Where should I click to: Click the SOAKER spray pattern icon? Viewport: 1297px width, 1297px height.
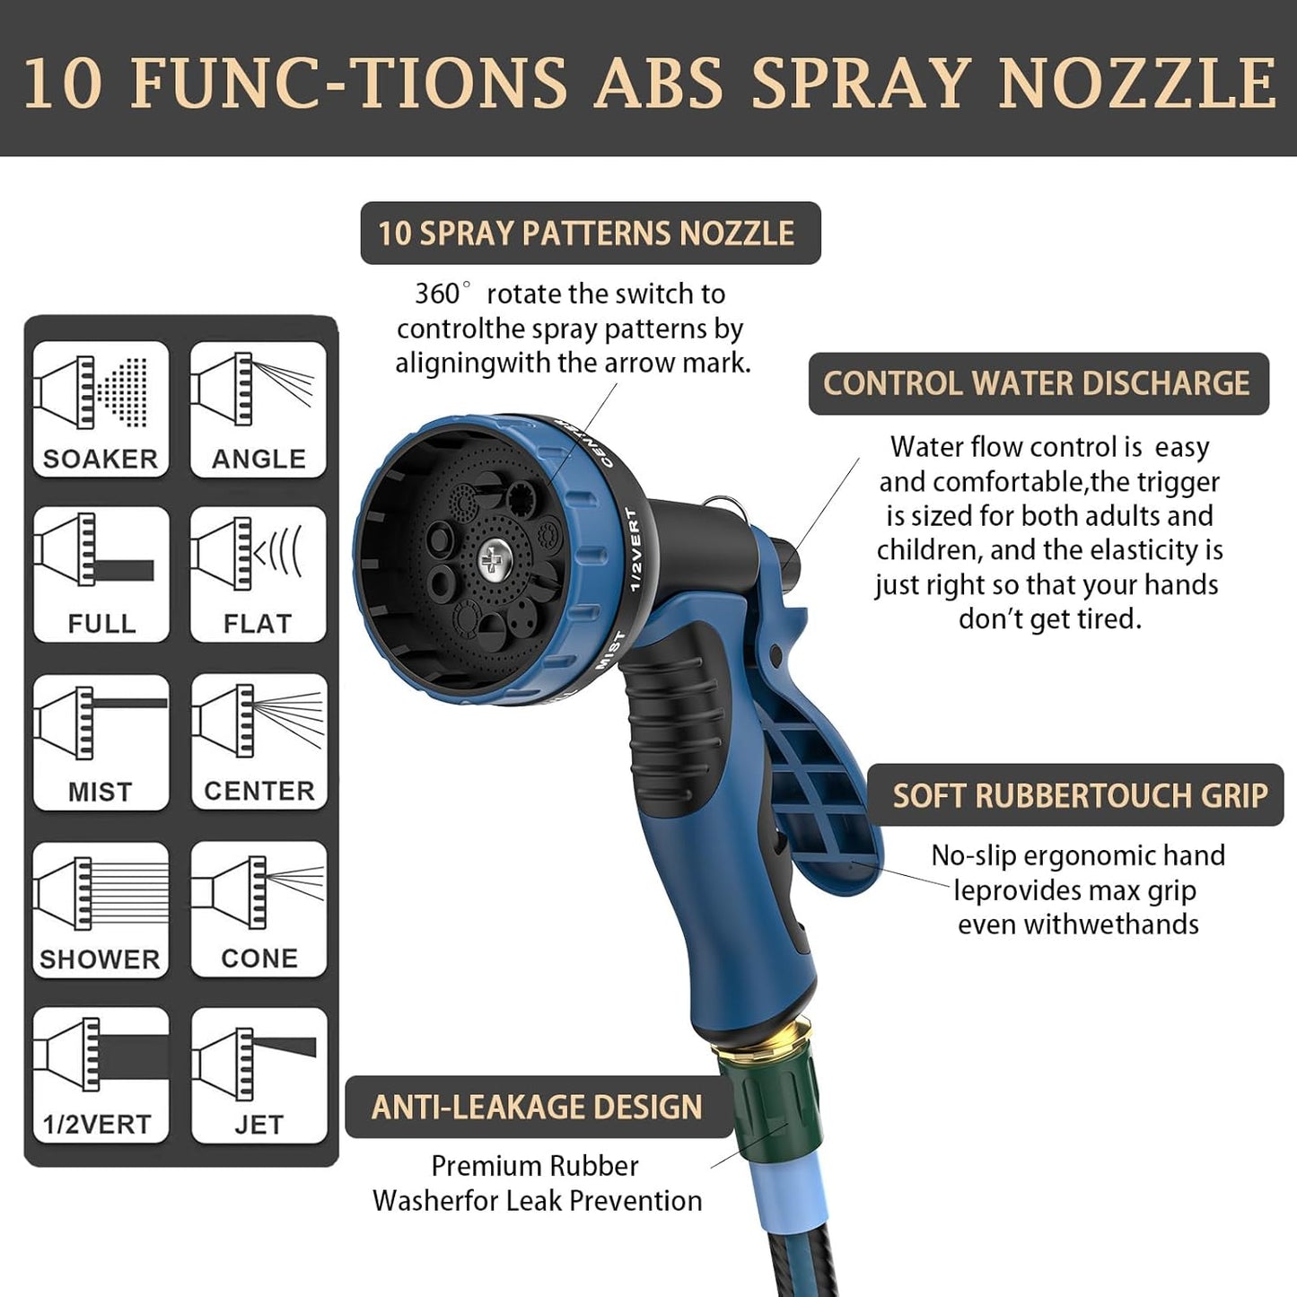(101, 408)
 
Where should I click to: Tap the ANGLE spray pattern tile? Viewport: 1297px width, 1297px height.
(259, 408)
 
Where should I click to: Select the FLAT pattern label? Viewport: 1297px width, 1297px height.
(259, 624)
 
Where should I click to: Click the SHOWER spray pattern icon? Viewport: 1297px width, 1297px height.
(101, 908)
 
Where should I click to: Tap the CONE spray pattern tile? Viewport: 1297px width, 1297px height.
(259, 908)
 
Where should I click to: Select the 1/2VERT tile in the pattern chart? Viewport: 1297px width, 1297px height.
(101, 1074)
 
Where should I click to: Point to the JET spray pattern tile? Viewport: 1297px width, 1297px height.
(259, 1074)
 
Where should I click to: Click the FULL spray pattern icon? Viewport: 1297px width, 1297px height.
(101, 574)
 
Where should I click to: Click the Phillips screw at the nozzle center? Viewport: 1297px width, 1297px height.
(491, 562)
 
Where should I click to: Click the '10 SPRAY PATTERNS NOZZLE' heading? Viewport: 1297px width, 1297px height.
(590, 233)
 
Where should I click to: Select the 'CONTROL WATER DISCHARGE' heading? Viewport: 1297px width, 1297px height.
(1038, 384)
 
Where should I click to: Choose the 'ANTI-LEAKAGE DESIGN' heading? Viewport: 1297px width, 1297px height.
(537, 1108)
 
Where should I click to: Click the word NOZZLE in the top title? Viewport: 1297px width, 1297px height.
(1136, 83)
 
